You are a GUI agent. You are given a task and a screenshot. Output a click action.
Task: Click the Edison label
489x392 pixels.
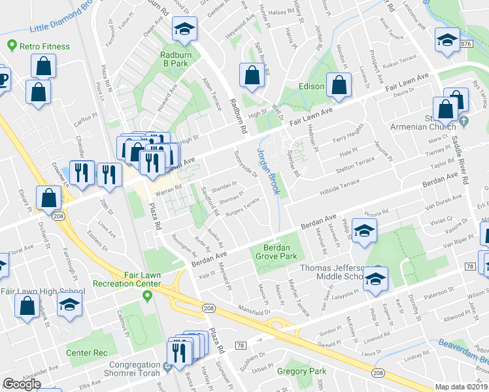(x=311, y=87)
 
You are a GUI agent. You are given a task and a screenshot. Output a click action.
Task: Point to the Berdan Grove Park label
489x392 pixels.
(x=280, y=252)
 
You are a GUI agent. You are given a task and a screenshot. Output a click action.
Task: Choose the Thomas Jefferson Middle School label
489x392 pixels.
(x=331, y=272)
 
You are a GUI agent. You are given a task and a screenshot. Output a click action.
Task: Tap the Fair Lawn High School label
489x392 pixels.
(x=42, y=291)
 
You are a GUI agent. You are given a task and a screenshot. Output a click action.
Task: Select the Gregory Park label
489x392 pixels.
(x=301, y=370)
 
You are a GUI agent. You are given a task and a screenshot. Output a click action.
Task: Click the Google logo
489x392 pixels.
(x=22, y=385)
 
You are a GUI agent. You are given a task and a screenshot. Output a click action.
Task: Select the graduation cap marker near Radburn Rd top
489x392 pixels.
(x=184, y=29)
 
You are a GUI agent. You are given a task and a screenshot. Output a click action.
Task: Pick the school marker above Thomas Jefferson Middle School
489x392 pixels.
(x=364, y=231)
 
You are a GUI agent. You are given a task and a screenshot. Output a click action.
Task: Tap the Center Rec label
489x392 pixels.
(x=87, y=353)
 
